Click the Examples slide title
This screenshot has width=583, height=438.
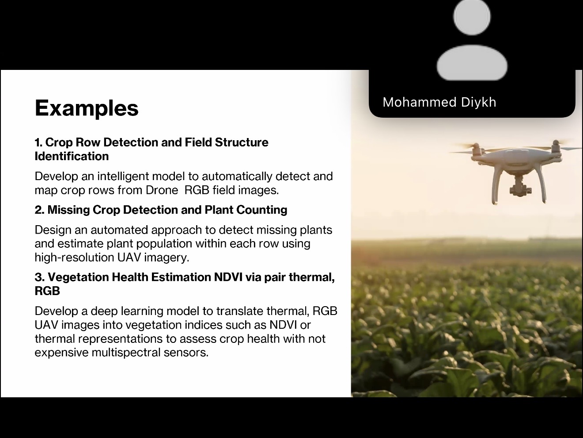87,108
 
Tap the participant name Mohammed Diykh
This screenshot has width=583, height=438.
439,102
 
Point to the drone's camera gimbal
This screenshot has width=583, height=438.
520,186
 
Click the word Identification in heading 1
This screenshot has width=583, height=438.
72,156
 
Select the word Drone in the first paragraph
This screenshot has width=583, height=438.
162,190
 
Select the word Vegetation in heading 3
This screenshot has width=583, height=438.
78,277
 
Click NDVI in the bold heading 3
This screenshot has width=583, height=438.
228,277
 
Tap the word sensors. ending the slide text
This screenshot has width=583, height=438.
186,353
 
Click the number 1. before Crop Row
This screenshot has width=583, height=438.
38,142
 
